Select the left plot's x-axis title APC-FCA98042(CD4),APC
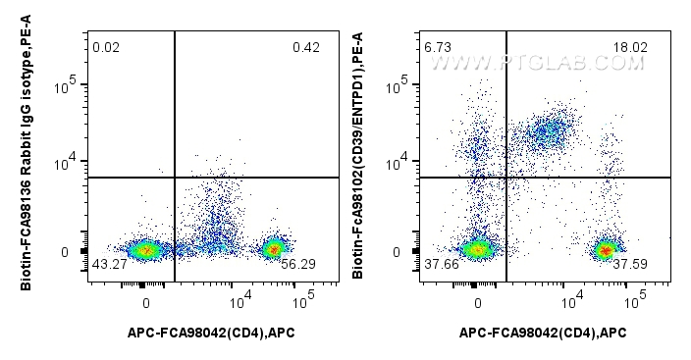tap(211, 333)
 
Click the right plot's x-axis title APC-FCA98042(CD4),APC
tap(543, 333)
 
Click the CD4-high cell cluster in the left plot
tap(274, 249)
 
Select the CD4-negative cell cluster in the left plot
tap(145, 250)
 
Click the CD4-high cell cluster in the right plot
tap(606, 250)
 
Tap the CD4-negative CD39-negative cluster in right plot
tap(477, 250)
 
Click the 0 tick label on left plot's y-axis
tap(65, 252)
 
